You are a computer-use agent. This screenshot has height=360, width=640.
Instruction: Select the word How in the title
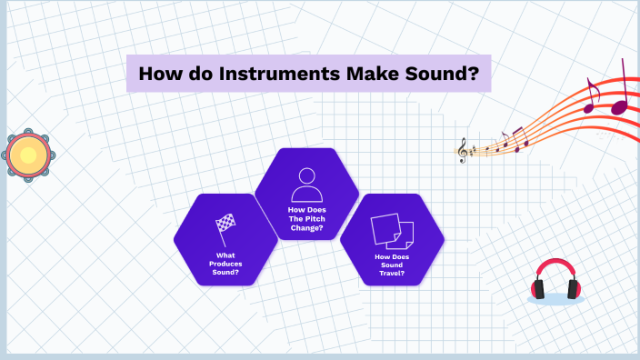pyautogui.click(x=161, y=74)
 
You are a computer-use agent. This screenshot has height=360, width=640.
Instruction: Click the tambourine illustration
pyautogui.click(x=28, y=155)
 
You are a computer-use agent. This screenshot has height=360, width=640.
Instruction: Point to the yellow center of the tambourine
pyautogui.click(x=28, y=155)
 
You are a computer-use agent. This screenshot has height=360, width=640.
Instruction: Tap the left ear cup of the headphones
pyautogui.click(x=539, y=289)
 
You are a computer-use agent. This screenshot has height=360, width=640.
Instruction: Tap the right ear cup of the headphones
pyautogui.click(x=574, y=289)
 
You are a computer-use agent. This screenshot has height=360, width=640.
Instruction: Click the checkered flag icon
pyautogui.click(x=225, y=225)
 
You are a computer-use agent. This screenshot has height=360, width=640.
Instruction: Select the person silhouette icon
pyautogui.click(x=306, y=185)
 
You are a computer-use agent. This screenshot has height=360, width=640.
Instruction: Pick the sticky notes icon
pyautogui.click(x=392, y=231)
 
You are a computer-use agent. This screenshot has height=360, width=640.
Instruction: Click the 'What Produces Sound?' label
pyautogui.click(x=225, y=263)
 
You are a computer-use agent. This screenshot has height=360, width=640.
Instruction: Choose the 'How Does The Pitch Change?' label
pyautogui.click(x=306, y=218)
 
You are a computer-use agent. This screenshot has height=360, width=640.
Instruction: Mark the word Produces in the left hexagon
pyautogui.click(x=225, y=263)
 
